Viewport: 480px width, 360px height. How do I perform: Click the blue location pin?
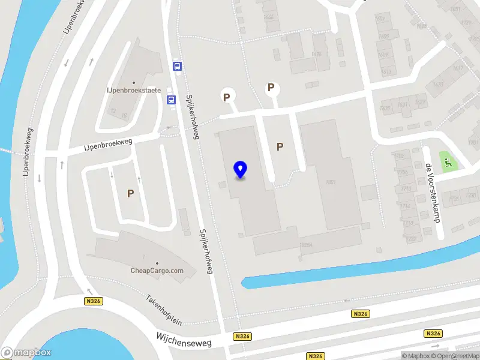pyautogui.click(x=241, y=170)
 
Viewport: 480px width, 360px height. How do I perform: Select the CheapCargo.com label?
pyautogui.click(x=157, y=271)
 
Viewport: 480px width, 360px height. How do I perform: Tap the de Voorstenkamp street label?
pyautogui.click(x=433, y=193)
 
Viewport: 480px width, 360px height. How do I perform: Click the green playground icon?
pyautogui.click(x=448, y=160)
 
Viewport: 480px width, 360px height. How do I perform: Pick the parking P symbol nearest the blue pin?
pyautogui.click(x=280, y=146)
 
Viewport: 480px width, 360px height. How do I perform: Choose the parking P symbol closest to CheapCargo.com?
pyautogui.click(x=130, y=193)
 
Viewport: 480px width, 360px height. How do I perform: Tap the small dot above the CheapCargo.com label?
pyautogui.click(x=157, y=263)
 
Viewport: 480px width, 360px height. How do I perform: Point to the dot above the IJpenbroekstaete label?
pyautogui.click(x=134, y=83)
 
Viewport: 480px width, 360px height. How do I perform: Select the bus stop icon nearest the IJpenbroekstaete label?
pyautogui.click(x=171, y=100)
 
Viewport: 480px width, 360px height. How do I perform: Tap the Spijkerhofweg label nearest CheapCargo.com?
pyautogui.click(x=206, y=251)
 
